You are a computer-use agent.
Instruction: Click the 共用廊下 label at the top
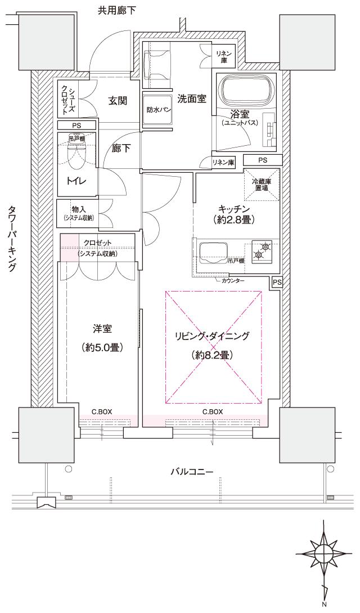coord(117,10)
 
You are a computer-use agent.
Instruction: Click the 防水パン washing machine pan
coord(156,110)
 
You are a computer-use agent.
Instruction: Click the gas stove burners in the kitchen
coord(261,250)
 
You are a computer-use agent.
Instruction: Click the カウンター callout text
coord(233,280)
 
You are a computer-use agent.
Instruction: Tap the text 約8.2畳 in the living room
coord(212,355)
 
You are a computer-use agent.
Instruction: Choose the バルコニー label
coord(192,471)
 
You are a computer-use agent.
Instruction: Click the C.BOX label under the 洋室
coord(102,411)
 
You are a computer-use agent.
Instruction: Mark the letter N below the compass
coord(325,606)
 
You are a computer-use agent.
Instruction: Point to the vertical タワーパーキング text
coord(12,239)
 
